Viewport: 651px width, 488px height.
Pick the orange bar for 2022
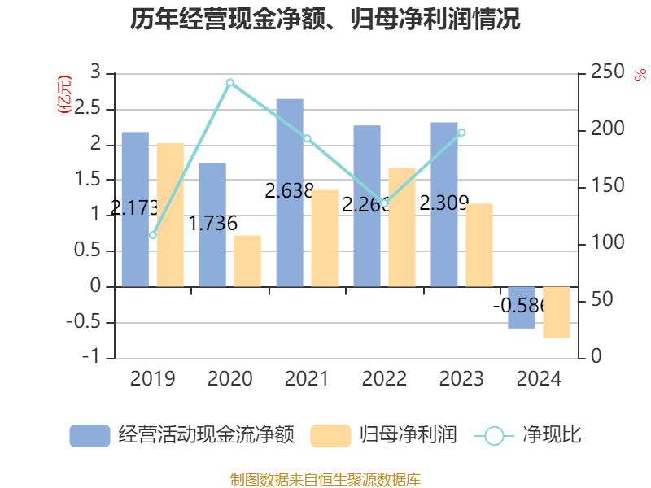point(402,227)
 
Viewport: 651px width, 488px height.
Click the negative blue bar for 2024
point(522,307)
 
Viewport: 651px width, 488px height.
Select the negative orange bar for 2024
point(557,312)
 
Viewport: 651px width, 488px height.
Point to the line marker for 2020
point(229,82)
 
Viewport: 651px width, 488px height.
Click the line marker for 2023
point(461,132)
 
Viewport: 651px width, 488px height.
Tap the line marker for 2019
point(152,235)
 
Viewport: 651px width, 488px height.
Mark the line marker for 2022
point(384,203)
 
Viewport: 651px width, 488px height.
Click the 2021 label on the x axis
point(307,379)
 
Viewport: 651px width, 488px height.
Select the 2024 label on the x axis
point(539,379)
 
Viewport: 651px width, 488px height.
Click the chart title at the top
point(325,20)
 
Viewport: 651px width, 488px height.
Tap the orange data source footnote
point(325,479)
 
